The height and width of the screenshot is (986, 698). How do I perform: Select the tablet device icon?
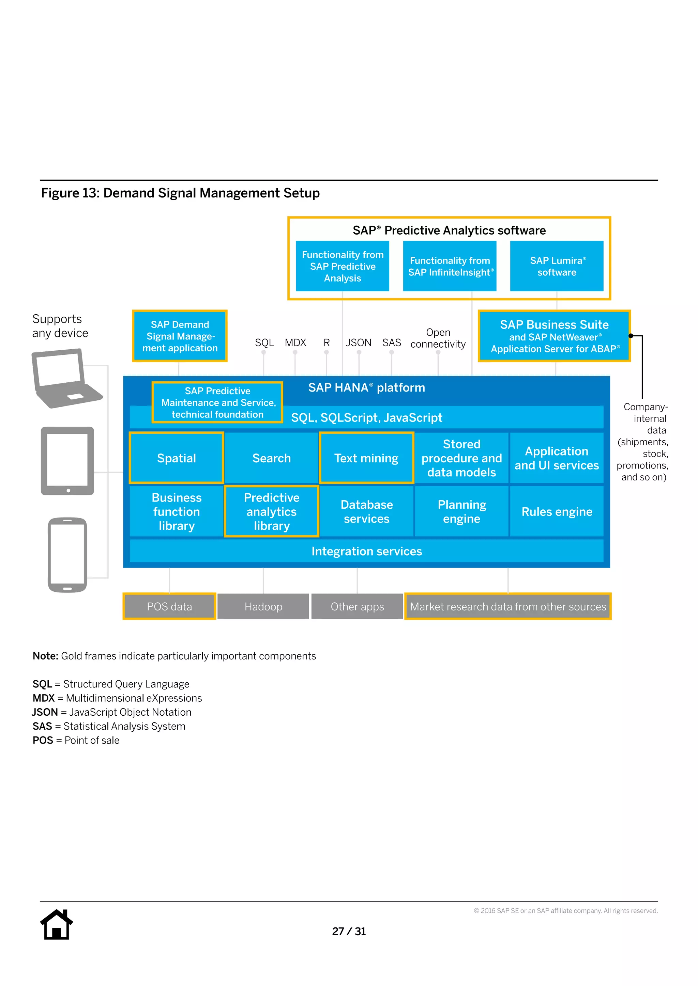pyautogui.click(x=67, y=461)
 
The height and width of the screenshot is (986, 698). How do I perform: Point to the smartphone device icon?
pyautogui.click(x=67, y=555)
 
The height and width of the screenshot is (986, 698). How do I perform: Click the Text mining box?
pyautogui.click(x=366, y=458)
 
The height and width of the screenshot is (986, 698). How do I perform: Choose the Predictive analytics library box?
pyautogui.click(x=271, y=511)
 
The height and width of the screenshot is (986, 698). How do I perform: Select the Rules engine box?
pyautogui.click(x=557, y=511)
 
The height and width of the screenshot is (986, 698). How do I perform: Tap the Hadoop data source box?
pyautogui.click(x=263, y=606)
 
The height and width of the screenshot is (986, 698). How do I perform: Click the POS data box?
pyautogui.click(x=169, y=606)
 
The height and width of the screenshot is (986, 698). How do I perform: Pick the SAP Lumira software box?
pyautogui.click(x=557, y=266)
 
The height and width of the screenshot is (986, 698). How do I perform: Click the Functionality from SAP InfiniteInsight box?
pyautogui.click(x=450, y=266)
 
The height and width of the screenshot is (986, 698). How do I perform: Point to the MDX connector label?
pyautogui.click(x=295, y=343)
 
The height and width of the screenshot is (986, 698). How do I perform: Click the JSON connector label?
pyautogui.click(x=359, y=343)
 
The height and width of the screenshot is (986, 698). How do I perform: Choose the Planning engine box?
pyautogui.click(x=461, y=511)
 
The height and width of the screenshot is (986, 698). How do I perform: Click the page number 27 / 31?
pyautogui.click(x=349, y=931)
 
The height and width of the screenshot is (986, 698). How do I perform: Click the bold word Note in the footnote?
pyautogui.click(x=45, y=656)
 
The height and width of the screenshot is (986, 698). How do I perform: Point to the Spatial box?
pyautogui.click(x=176, y=458)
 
